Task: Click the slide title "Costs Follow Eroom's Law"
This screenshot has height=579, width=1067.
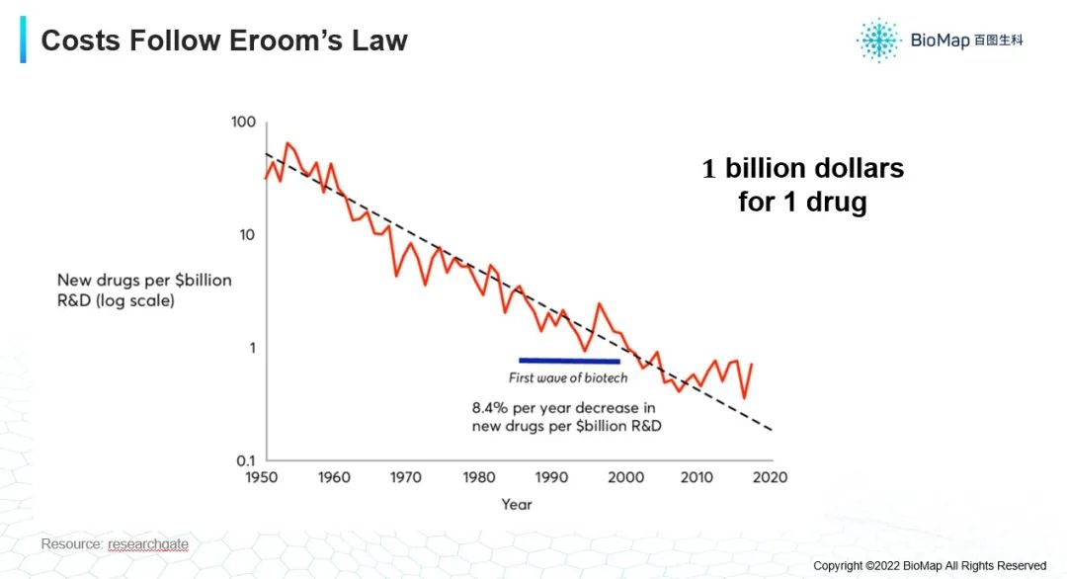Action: coord(224,41)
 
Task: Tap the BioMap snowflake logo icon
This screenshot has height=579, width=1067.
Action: coord(877,40)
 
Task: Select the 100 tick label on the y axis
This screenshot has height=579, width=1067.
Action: coord(243,123)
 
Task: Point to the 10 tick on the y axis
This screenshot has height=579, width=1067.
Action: coord(246,235)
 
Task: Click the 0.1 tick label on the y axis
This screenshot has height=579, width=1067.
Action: coord(245,460)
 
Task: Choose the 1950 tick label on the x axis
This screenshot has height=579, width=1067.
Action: coord(262,478)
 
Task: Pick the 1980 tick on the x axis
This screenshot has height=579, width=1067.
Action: coord(479,478)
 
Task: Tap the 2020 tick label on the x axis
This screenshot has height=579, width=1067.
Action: coord(770,478)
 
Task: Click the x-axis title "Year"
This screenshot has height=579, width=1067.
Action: coord(516,505)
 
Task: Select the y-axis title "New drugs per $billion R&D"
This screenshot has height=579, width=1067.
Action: coord(144,289)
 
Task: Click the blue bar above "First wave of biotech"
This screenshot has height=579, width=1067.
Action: coord(569,361)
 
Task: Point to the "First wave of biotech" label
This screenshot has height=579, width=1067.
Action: coord(568,378)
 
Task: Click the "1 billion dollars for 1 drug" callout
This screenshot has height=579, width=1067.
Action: coord(802,185)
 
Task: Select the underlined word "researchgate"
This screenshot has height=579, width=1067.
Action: coord(148,544)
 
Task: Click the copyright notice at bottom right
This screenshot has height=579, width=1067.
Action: coord(929,566)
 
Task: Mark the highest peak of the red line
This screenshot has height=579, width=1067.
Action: coord(287,143)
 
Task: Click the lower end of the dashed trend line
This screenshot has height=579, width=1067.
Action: coord(771,430)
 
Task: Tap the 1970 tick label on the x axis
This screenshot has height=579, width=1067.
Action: coord(406,478)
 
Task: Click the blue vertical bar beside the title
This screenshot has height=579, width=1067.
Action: coord(23,40)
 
